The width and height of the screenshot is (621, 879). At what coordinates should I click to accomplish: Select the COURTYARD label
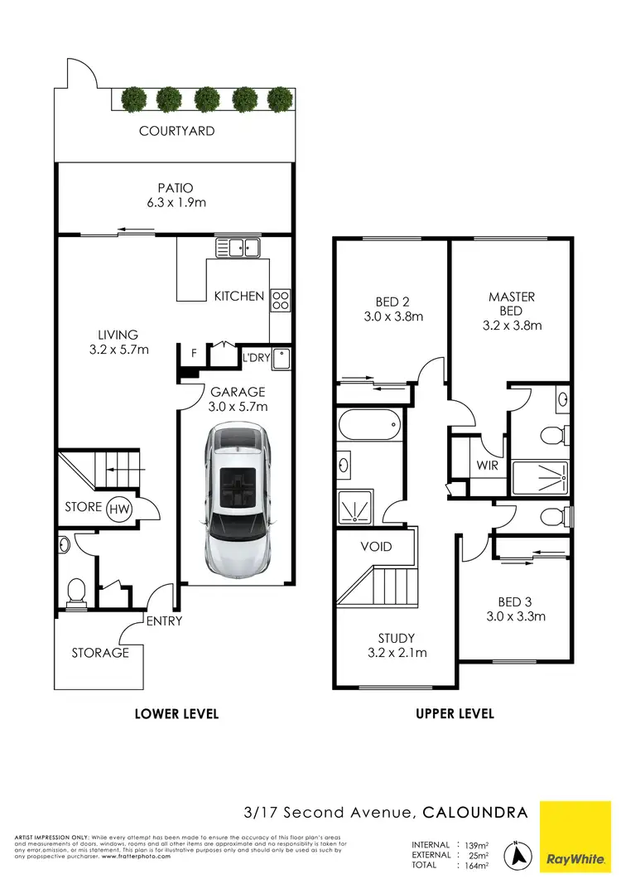[176, 131]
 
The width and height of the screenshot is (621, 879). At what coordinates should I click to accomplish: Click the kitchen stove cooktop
[281, 299]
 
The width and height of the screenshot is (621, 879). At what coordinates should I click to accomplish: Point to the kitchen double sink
[238, 246]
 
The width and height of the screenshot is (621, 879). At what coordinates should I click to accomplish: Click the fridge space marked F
[193, 354]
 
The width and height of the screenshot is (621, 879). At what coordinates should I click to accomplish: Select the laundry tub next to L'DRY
[281, 358]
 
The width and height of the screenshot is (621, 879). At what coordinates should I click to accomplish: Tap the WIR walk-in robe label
[488, 466]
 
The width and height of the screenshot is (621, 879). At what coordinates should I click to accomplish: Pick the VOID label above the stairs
[375, 548]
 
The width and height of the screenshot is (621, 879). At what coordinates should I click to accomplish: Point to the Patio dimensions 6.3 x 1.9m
[176, 202]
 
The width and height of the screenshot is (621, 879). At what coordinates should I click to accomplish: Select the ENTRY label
[164, 621]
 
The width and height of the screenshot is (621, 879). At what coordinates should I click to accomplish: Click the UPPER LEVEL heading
[455, 713]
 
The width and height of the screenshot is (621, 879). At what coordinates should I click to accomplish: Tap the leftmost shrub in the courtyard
[133, 99]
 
